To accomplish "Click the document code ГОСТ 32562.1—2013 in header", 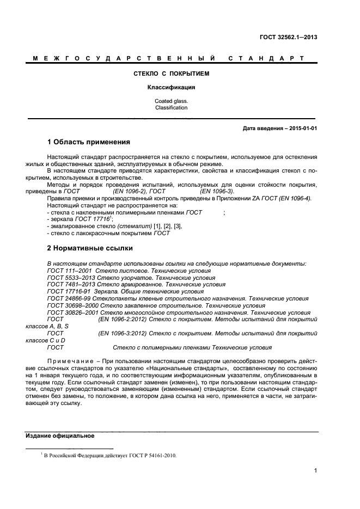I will click(x=289, y=38).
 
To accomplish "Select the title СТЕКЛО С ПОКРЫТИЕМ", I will click(x=172, y=73).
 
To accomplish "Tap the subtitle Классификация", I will click(x=172, y=87).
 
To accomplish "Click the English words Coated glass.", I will click(x=172, y=101).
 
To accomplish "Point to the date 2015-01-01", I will click(x=306, y=128).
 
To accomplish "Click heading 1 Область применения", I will click(x=89, y=143).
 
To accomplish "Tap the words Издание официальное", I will click(x=60, y=436).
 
